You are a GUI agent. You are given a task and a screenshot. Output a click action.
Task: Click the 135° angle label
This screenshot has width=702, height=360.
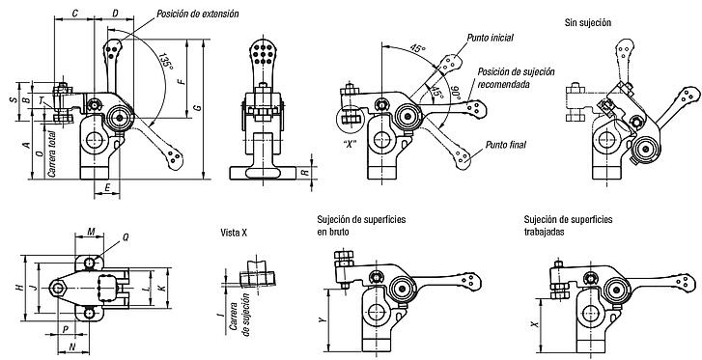click(166, 61)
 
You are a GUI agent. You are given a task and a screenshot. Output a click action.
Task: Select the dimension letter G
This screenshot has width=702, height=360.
click(196, 107)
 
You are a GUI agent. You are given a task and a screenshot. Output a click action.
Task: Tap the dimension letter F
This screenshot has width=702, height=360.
click(180, 81)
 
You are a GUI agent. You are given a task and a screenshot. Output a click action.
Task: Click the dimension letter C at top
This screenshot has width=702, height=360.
click(74, 14)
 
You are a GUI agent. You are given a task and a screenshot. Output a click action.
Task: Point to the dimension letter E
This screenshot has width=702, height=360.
click(107, 188)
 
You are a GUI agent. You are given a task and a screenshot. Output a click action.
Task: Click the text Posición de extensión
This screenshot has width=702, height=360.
click(197, 14)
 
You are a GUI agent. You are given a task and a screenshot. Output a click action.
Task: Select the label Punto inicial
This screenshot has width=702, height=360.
click(490, 38)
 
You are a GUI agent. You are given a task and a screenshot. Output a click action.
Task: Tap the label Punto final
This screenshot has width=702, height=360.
click(506, 145)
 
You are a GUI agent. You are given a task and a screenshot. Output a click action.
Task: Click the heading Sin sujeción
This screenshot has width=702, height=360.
click(588, 22)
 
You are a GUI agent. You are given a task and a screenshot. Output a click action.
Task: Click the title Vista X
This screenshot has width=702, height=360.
click(234, 233)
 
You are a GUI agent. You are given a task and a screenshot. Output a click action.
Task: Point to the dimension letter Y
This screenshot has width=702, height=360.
click(321, 319)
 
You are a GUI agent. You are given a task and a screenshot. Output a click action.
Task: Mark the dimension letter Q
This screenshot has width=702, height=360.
click(126, 237)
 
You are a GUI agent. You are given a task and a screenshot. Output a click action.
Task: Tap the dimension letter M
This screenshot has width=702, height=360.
click(92, 231)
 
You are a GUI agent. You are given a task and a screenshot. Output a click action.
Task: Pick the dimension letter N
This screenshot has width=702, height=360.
click(73, 346)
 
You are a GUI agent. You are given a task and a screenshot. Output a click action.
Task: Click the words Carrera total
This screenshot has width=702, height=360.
click(52, 153)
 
